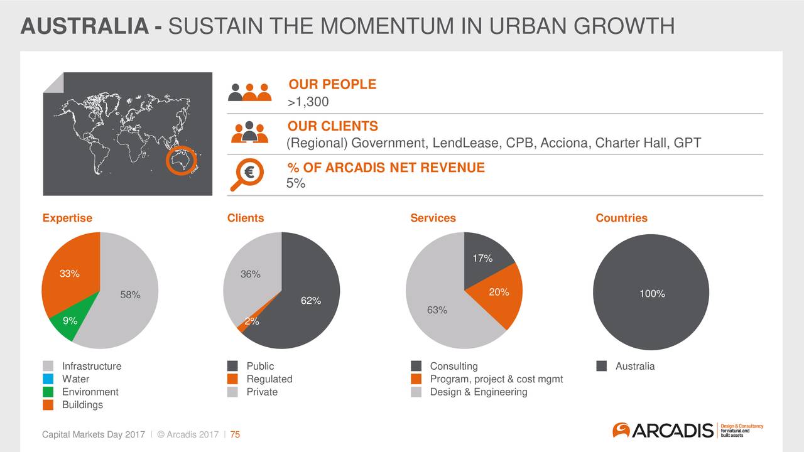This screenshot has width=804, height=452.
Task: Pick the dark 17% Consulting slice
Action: click(x=484, y=257)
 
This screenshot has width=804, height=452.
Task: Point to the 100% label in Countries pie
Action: click(x=652, y=294)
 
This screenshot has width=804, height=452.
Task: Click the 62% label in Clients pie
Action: click(x=311, y=301)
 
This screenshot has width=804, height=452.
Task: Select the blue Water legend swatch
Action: click(x=48, y=379)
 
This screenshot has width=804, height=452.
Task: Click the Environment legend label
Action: click(x=90, y=392)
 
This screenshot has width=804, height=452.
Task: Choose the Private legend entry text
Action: click(x=262, y=392)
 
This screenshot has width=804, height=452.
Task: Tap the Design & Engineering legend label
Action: click(x=479, y=392)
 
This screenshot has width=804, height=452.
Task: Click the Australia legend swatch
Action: click(x=602, y=366)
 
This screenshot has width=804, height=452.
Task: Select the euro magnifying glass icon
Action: click(x=247, y=175)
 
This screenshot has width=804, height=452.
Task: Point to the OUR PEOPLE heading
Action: click(x=332, y=84)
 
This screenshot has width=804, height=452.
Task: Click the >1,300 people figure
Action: click(x=308, y=102)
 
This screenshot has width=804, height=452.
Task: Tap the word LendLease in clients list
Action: click(x=465, y=143)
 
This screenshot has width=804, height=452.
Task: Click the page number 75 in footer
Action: click(x=235, y=434)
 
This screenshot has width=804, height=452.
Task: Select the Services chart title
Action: click(x=433, y=218)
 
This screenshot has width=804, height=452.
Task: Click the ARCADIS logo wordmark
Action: click(x=672, y=431)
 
